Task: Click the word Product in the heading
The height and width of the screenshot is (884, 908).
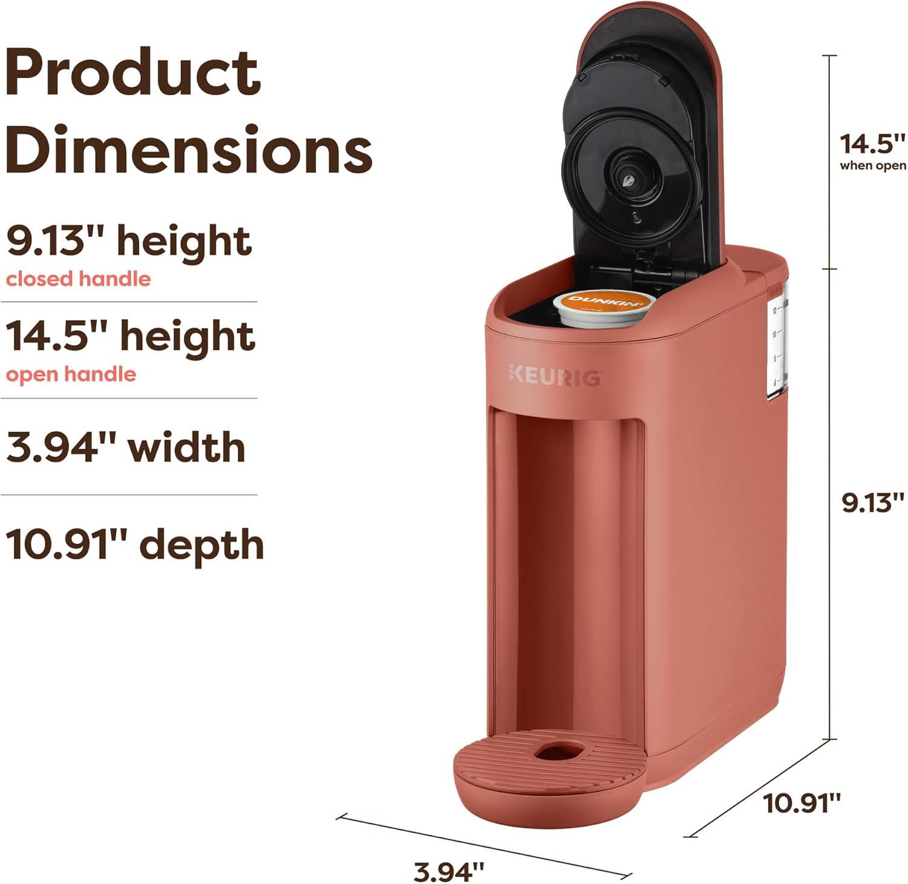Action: coord(133,74)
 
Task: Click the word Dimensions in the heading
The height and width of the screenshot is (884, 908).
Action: coord(189,148)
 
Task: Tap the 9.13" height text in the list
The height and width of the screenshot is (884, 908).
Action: coord(128,241)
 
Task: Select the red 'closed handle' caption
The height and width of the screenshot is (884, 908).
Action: coord(78,279)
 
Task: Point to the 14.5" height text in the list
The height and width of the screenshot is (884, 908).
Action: coord(130,337)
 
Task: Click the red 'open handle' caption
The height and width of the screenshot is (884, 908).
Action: coord(71,374)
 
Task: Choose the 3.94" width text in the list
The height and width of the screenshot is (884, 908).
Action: coord(126,447)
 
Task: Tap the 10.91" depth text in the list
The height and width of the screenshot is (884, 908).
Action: coord(135,544)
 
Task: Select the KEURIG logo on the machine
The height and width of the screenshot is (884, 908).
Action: coord(554,375)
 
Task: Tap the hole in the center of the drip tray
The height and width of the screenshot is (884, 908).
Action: coord(556,753)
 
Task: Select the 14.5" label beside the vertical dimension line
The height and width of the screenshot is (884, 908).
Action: coord(871,144)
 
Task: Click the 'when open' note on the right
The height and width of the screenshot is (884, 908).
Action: coord(872,165)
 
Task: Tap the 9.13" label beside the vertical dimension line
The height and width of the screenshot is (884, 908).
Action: coord(872,503)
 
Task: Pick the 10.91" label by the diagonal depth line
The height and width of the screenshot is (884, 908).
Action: coord(801,803)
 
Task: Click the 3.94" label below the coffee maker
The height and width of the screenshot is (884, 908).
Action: coord(449,872)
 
